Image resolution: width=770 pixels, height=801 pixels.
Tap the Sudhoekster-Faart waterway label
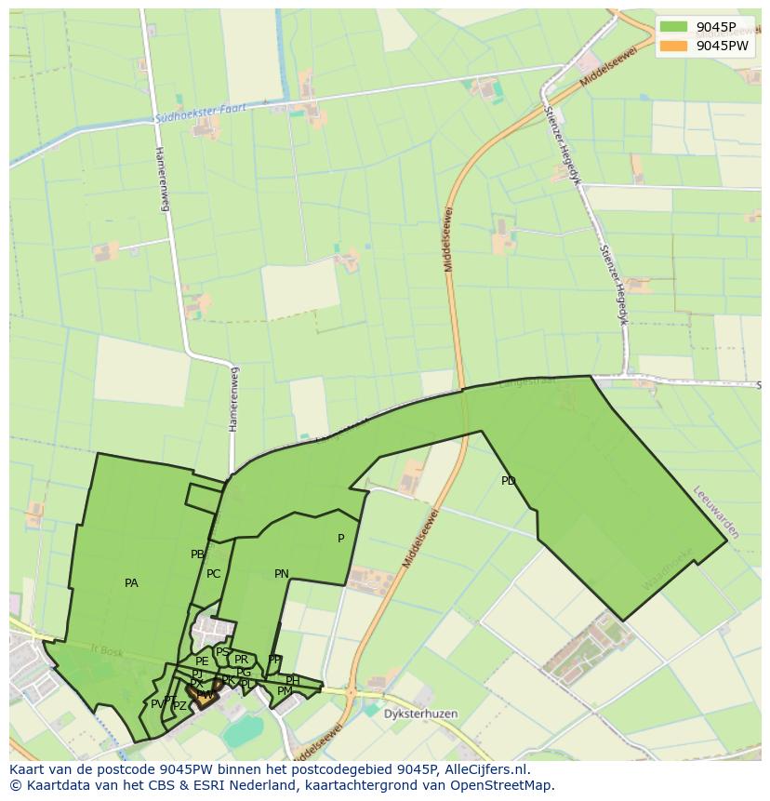(x=201, y=113)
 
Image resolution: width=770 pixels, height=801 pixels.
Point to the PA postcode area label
(x=131, y=583)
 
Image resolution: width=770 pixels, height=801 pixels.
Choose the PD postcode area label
(x=508, y=481)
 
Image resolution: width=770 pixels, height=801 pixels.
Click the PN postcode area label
(x=282, y=574)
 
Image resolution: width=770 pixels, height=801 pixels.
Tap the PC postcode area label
(x=214, y=574)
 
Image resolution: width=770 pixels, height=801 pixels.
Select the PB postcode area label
(x=197, y=554)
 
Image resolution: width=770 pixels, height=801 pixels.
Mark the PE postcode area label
(x=202, y=661)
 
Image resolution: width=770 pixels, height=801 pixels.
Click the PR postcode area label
(x=242, y=660)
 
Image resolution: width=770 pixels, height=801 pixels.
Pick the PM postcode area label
(x=285, y=691)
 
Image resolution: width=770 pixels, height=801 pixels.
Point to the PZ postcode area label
(x=179, y=706)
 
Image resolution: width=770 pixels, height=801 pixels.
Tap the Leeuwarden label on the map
(x=716, y=513)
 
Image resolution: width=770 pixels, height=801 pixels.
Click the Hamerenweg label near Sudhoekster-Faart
(x=163, y=178)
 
